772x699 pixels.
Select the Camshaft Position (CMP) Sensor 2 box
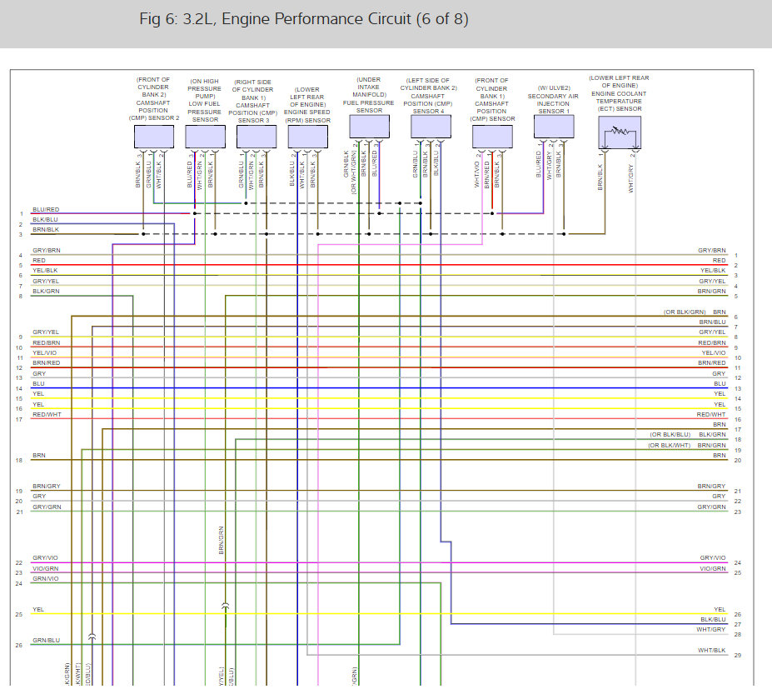[x=153, y=137]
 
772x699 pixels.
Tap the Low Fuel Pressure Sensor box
[x=205, y=137]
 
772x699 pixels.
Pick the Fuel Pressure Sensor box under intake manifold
[x=369, y=127]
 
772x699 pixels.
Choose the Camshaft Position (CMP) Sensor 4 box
[x=431, y=127]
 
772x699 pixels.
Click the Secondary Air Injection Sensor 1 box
[x=554, y=127]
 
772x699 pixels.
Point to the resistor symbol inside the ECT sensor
[x=620, y=132]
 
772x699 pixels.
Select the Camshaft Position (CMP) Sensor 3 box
[x=256, y=137]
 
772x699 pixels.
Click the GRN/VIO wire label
[x=46, y=578]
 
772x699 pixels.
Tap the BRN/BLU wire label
[x=712, y=322]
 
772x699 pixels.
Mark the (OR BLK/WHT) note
[x=670, y=445]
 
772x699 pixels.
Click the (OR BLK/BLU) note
[x=670, y=435]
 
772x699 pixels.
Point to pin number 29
[x=738, y=656]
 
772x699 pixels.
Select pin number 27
[x=738, y=624]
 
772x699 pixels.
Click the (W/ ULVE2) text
[x=554, y=87]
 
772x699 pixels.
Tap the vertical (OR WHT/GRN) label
[x=354, y=169]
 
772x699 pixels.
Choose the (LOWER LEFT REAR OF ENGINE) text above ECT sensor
[x=619, y=82]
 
